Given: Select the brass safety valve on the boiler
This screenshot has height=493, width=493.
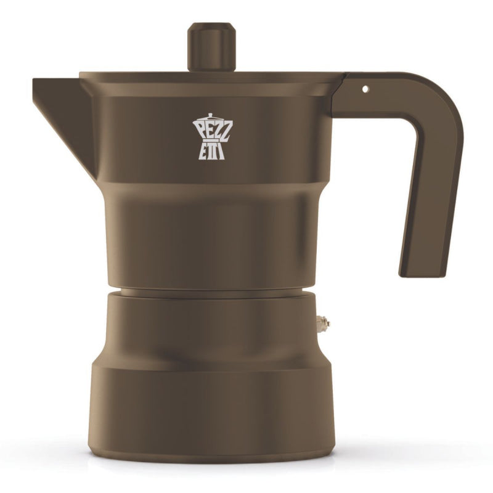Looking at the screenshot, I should pos(321,322).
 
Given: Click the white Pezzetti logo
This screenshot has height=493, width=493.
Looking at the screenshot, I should pos(210,137).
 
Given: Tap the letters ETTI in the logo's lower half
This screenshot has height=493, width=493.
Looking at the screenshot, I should pos(211,150).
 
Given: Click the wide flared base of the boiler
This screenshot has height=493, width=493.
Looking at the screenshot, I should pos(213,407).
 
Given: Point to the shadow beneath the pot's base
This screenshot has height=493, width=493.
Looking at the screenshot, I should pos(213,463).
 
